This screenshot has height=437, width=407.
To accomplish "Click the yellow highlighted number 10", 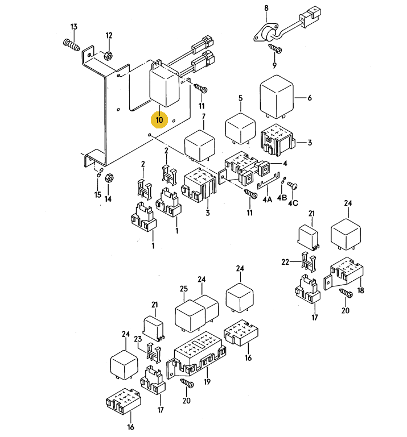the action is [x=159, y=120].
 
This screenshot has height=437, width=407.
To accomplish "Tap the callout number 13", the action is [x=73, y=27].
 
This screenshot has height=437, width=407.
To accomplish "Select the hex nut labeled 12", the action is [x=108, y=55].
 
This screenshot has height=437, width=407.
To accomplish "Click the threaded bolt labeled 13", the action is [x=72, y=45].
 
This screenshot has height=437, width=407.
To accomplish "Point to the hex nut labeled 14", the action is [x=109, y=177].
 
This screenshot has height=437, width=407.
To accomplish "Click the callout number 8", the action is [x=266, y=8].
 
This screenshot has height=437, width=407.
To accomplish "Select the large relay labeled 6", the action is [x=277, y=97].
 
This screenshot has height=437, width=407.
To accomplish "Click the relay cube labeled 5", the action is [x=240, y=128].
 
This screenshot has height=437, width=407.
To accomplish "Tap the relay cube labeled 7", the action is [x=200, y=145].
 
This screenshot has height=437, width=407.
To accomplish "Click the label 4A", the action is [x=267, y=199].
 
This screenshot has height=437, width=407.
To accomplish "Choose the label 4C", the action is [x=293, y=203].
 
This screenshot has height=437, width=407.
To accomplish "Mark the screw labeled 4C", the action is [x=292, y=186].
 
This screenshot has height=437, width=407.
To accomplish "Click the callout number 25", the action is [x=184, y=289].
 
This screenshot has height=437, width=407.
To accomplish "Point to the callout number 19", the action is [x=207, y=381].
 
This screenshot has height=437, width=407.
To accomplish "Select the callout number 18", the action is [x=361, y=290].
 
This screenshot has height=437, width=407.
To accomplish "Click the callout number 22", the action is [x=285, y=262].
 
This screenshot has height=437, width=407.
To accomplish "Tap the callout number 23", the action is [x=138, y=339].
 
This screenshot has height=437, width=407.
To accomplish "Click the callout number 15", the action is [x=97, y=194].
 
